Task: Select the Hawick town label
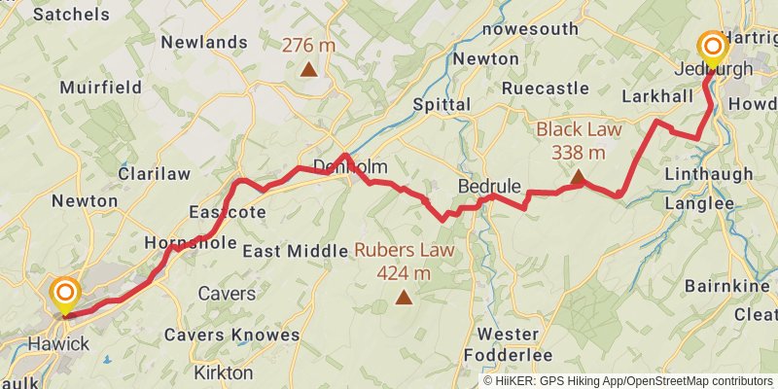(58, 343)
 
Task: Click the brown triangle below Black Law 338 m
(578, 177)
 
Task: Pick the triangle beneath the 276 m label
(308, 69)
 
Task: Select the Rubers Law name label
(404, 249)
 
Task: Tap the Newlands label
(204, 42)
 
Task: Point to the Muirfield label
(94, 87)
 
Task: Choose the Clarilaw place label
(154, 173)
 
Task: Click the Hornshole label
(190, 242)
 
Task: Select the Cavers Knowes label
(231, 335)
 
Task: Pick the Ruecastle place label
(546, 88)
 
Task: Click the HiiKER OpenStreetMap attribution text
(627, 381)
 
